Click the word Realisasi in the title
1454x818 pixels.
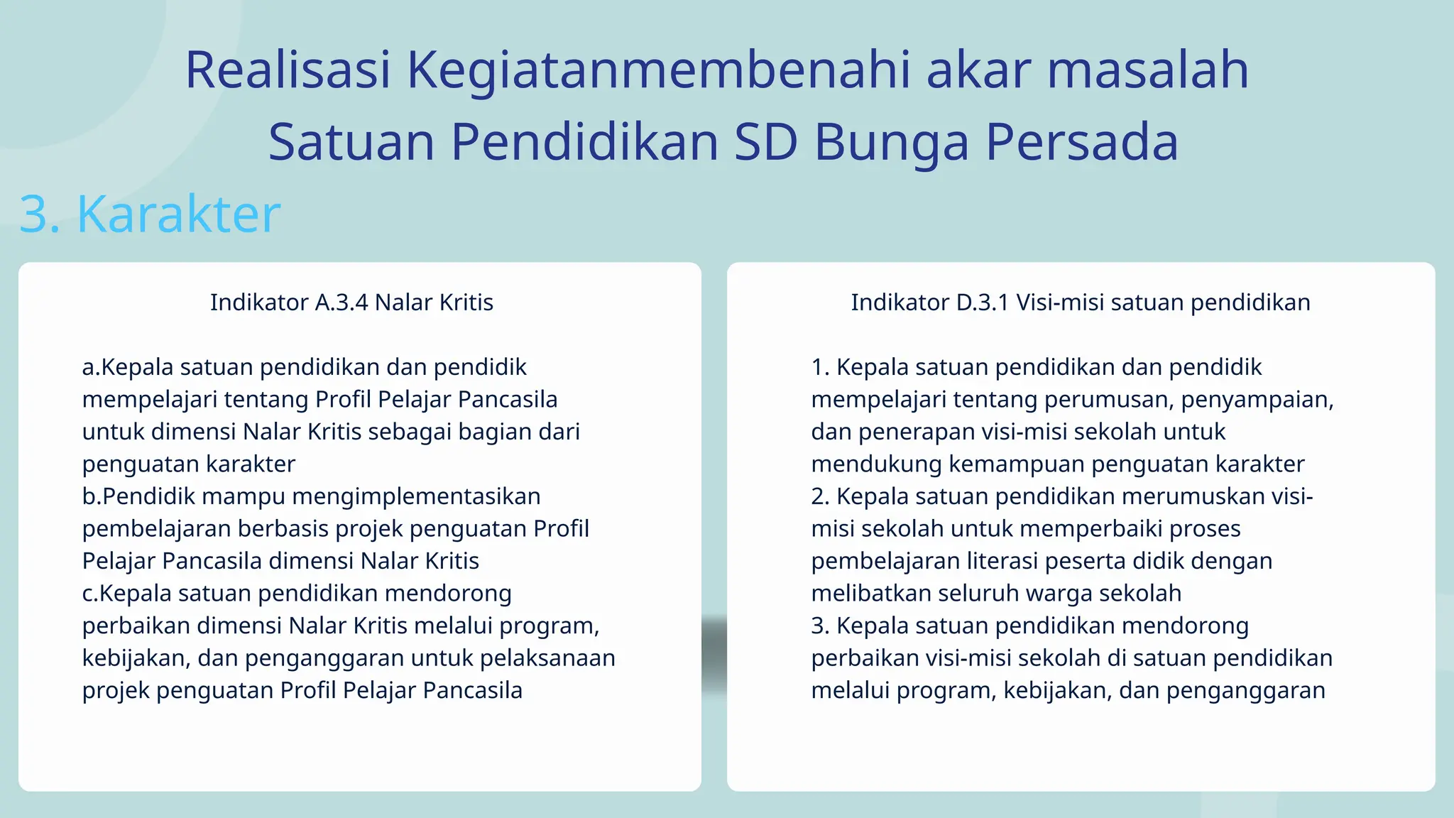(288, 70)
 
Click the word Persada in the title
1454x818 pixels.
(1082, 142)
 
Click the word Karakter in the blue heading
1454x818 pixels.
(179, 214)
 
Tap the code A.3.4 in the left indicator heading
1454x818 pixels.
(341, 302)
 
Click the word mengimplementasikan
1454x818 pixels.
(416, 496)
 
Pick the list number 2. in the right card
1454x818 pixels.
(820, 496)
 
